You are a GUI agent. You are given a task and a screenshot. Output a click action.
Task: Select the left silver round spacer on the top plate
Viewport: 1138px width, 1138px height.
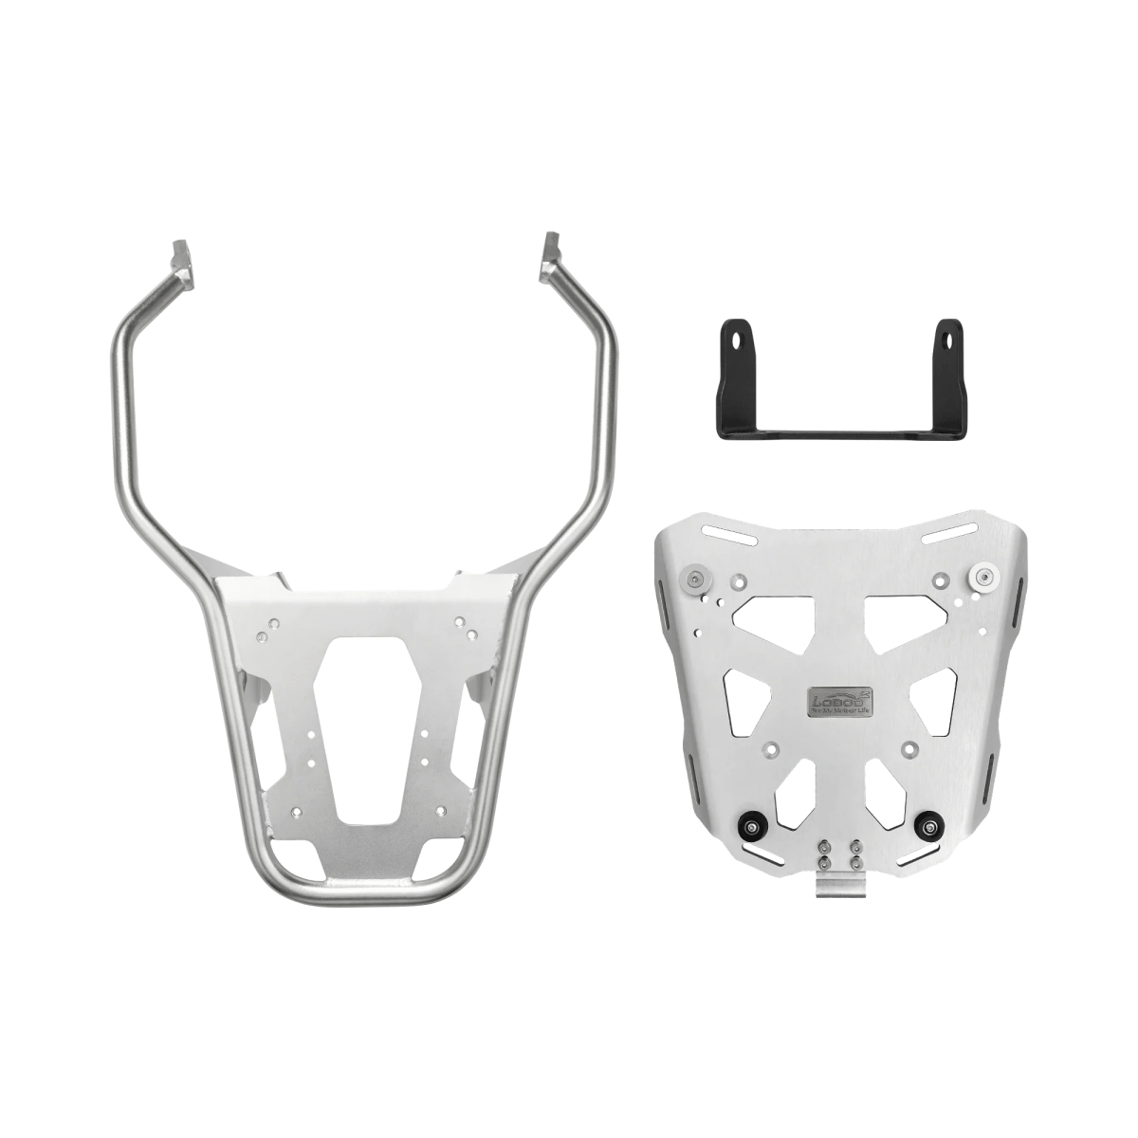[x=701, y=578]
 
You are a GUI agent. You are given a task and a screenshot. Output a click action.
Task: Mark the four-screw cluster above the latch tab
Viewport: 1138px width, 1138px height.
[x=839, y=851]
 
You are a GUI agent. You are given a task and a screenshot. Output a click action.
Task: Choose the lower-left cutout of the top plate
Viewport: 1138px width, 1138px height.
[x=794, y=798]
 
